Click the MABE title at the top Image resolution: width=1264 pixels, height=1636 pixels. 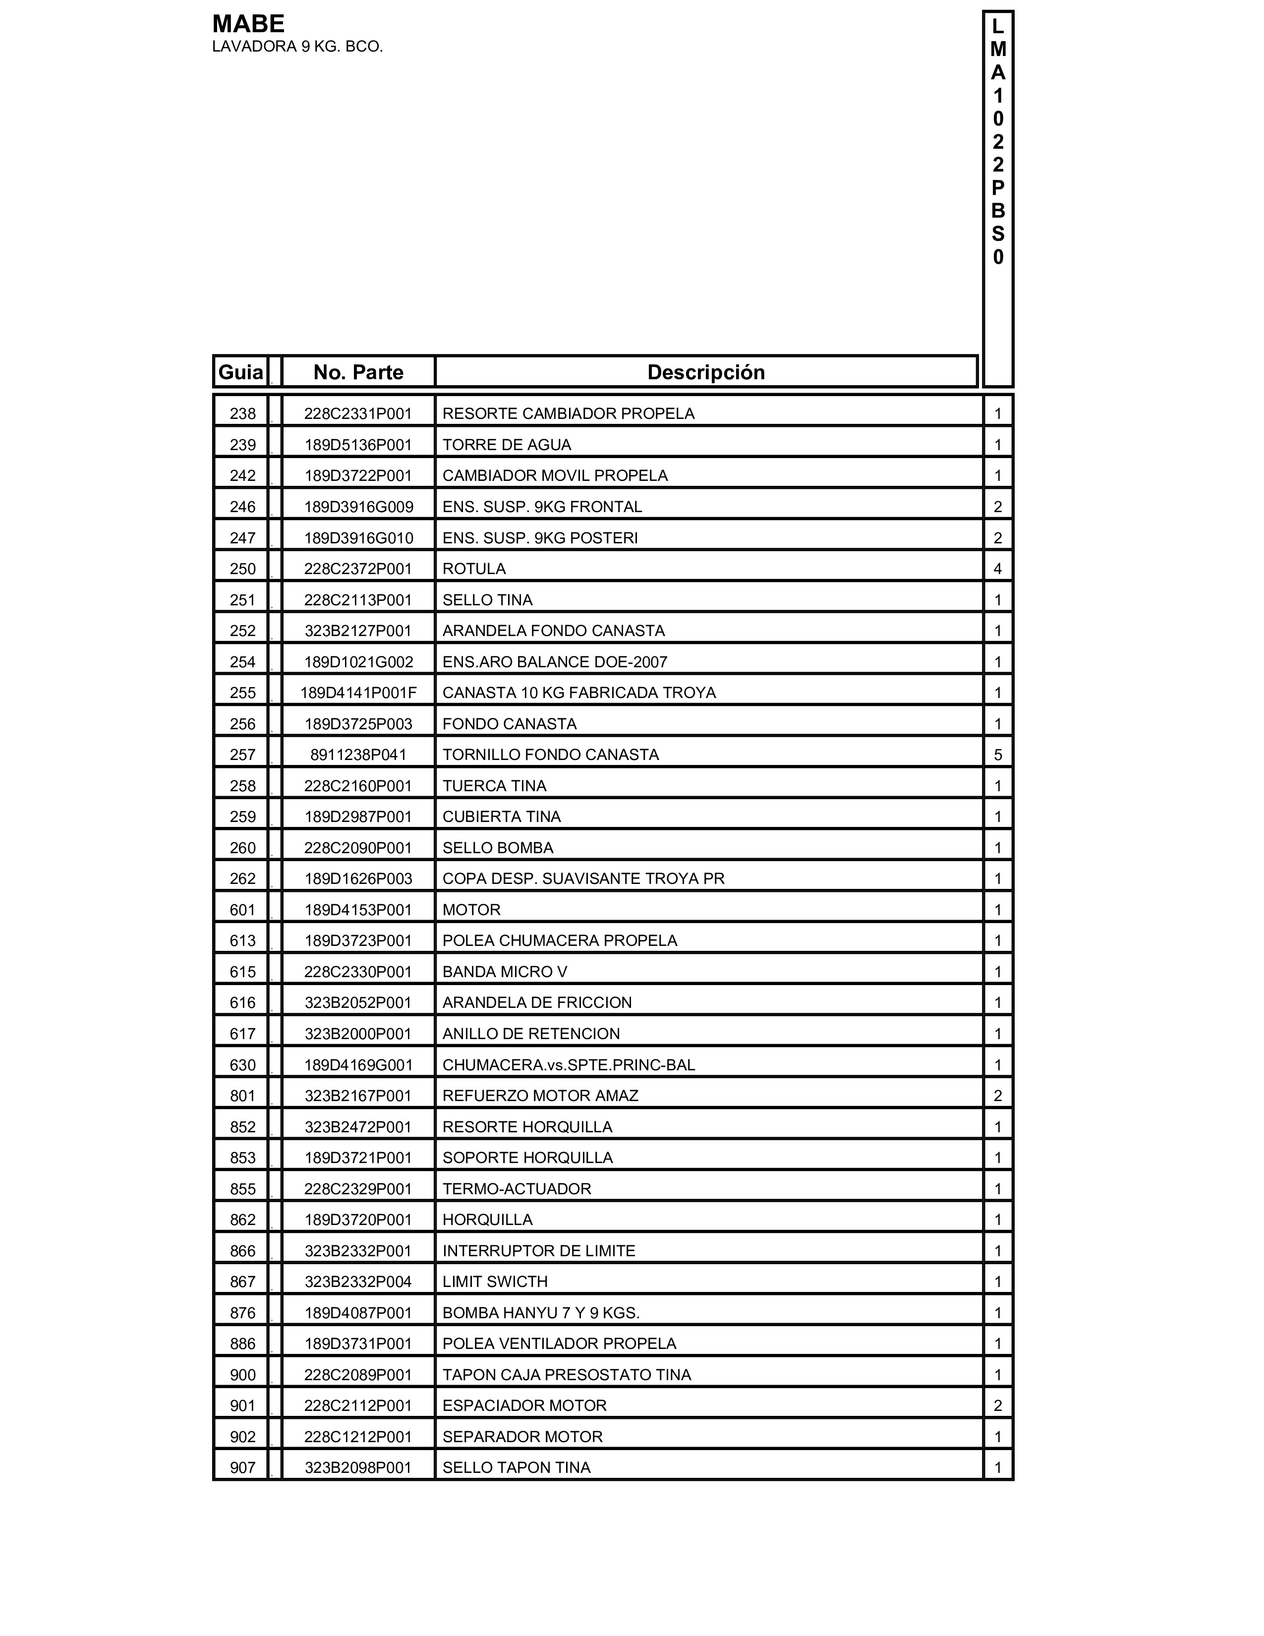(248, 24)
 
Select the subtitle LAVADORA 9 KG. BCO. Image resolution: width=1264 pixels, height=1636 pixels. (297, 47)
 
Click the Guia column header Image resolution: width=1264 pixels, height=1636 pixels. (240, 372)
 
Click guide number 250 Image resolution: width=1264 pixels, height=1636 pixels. (242, 569)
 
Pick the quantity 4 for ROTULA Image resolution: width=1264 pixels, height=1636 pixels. (997, 569)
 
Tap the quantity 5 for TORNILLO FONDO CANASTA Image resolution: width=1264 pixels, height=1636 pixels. (997, 755)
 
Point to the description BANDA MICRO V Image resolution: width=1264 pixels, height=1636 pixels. (505, 972)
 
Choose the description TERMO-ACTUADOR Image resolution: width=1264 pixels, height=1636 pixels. (517, 1189)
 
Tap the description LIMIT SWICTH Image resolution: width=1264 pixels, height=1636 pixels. (495, 1282)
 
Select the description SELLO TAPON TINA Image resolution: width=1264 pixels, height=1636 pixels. (516, 1467)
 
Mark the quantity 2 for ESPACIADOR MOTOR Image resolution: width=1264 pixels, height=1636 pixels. (997, 1406)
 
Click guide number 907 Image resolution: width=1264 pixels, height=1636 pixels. (242, 1467)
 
